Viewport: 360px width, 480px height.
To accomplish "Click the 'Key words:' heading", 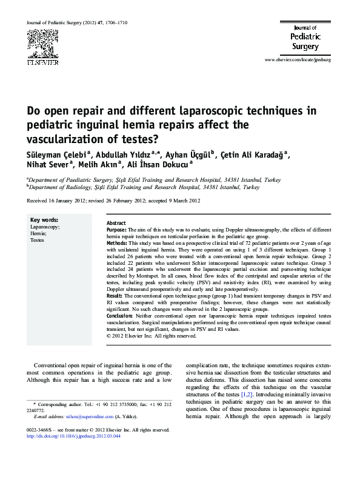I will pos(44,219).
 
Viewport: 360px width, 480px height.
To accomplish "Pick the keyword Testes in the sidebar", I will pos(38,240).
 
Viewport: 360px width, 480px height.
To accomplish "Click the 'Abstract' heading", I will pos(116,224).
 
